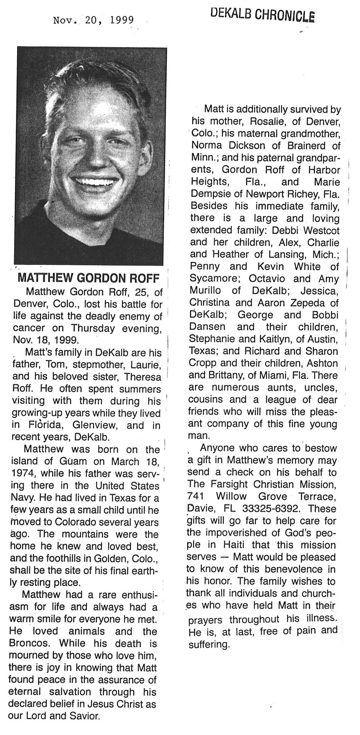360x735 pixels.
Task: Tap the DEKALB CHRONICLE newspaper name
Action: tap(262, 15)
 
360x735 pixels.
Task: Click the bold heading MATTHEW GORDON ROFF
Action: tap(88, 278)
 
